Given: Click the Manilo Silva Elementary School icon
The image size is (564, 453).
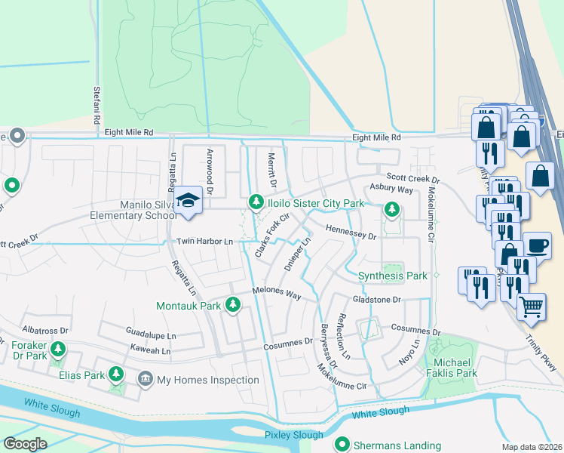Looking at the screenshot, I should coord(188,201).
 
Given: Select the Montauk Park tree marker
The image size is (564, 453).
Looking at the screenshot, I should coord(233,305).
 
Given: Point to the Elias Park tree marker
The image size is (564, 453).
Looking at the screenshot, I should coord(116,374).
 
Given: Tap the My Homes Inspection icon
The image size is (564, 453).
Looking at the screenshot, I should coord(145,379).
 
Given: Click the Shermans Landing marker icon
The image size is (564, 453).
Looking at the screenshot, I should coord(343,444).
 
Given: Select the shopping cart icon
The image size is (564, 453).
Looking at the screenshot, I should coord(532,307).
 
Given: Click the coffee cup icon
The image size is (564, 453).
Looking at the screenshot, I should coord(537,245).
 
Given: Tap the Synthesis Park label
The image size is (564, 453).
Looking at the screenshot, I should coord(392,276).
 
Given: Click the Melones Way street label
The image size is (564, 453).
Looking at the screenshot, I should coord(277,294).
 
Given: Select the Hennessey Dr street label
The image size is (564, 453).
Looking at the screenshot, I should coord(351,233).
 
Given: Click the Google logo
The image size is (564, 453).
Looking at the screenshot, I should coord(25,443).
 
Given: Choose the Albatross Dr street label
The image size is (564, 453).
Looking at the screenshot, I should coord(45,331).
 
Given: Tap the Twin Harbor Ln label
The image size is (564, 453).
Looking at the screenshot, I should coord(204,241).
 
